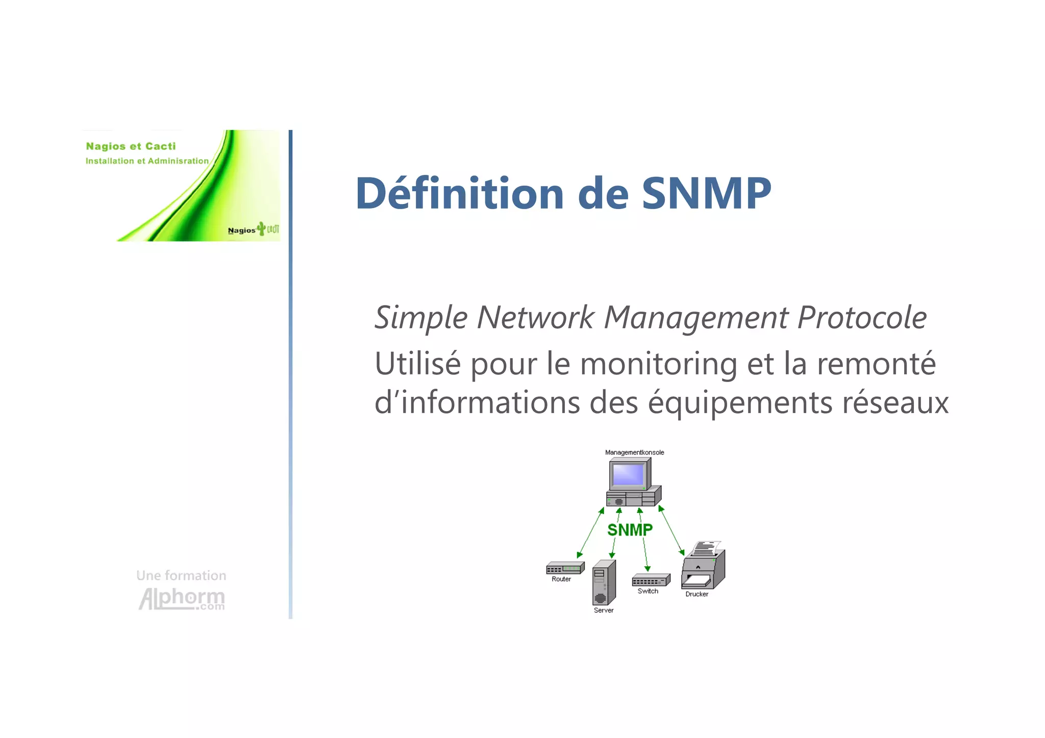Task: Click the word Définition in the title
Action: click(x=459, y=193)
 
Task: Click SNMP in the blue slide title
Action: click(x=706, y=193)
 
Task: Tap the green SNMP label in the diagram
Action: click(x=630, y=530)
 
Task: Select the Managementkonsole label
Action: click(x=634, y=452)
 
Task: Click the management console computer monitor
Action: click(x=629, y=475)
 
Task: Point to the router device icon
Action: click(x=565, y=568)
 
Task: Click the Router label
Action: click(x=561, y=579)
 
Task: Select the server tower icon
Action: click(x=604, y=582)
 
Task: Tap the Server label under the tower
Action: click(x=604, y=610)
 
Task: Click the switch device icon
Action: click(x=651, y=580)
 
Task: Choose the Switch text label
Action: click(x=648, y=591)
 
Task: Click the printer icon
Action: click(x=704, y=567)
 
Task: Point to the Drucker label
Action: click(x=696, y=594)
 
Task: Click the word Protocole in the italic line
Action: click(x=862, y=318)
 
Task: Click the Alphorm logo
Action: click(x=182, y=599)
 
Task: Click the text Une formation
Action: click(x=181, y=576)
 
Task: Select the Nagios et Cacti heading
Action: click(x=131, y=146)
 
